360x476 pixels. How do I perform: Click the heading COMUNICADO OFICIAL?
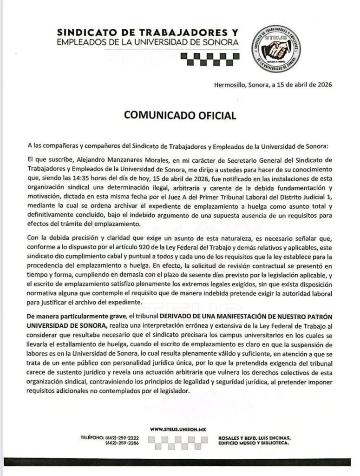click(x=180, y=114)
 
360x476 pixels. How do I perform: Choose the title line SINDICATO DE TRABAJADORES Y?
click(x=147, y=33)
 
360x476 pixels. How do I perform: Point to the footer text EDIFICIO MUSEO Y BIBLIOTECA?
click(x=254, y=444)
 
